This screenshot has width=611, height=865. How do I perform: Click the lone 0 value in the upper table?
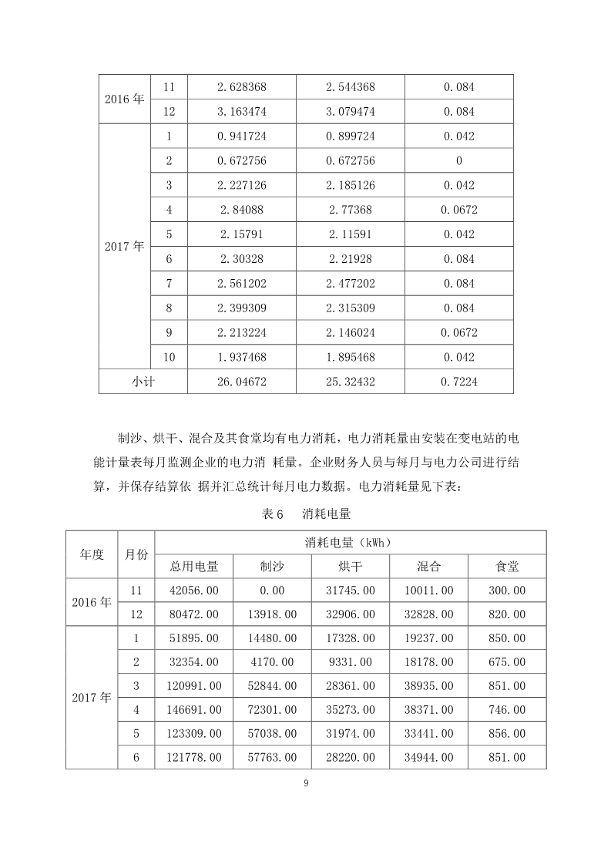458,161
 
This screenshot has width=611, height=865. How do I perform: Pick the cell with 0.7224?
458,382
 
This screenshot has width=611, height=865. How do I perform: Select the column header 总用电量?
194,567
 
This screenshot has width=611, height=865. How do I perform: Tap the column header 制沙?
273,567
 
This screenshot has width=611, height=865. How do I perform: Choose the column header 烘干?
351,567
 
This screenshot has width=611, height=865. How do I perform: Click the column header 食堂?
508,567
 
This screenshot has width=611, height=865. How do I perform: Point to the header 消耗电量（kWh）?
351,543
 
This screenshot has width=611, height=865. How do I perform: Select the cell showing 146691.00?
194,710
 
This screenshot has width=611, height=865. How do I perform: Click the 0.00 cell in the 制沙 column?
273,591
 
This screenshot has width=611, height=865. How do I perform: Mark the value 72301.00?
273,710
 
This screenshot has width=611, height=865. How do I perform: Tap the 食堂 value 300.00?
508,591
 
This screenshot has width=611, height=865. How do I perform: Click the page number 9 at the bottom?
306,783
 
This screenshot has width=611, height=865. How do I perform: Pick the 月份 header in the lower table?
136,554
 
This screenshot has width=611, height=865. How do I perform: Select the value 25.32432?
351,382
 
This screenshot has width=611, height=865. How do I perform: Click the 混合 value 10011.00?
429,591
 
